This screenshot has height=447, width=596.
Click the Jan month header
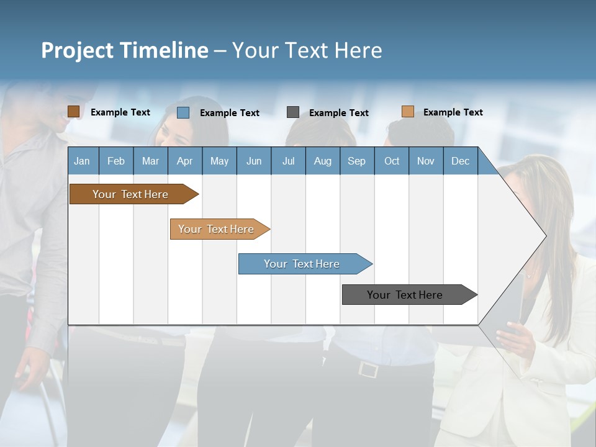point(83,161)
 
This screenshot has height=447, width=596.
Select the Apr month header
point(185,161)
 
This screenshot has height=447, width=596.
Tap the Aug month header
point(322,161)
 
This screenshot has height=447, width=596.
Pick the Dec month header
point(460,161)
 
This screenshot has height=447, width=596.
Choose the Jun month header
point(254,161)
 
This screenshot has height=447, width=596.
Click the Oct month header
point(392,161)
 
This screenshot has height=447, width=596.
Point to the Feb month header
point(116,161)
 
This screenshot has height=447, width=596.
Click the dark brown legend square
point(73,112)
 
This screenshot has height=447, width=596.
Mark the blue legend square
point(183,112)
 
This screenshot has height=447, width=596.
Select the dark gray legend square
point(293,112)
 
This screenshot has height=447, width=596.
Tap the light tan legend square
point(407,112)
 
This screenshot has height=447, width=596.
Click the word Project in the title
point(78,50)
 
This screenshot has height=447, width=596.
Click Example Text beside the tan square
point(453,112)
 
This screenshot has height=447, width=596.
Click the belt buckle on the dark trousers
point(368,370)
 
